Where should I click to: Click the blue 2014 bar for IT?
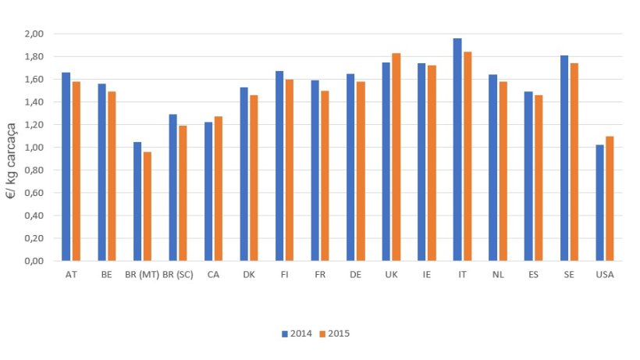coord(457,149)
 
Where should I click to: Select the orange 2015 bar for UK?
coord(396,157)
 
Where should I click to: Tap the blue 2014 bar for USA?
coord(599,203)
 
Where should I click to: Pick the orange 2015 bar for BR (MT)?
coord(147,206)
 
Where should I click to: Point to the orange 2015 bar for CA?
coord(218,188)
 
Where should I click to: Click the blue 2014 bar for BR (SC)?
coord(173,187)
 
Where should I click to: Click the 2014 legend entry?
coord(297,333)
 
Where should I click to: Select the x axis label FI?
coord(284,274)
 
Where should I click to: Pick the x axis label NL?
coord(498,274)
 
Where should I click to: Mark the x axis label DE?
coord(355,274)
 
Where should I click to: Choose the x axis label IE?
coord(427,274)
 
